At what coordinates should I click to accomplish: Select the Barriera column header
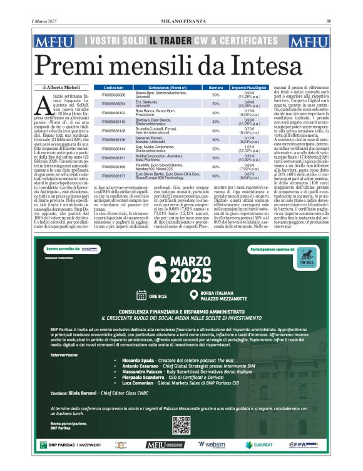[x=215, y=88]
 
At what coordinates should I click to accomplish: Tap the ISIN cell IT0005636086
[x=113, y=94]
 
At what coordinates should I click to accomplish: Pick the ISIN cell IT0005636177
[x=113, y=177]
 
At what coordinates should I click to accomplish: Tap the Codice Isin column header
[x=113, y=88]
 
